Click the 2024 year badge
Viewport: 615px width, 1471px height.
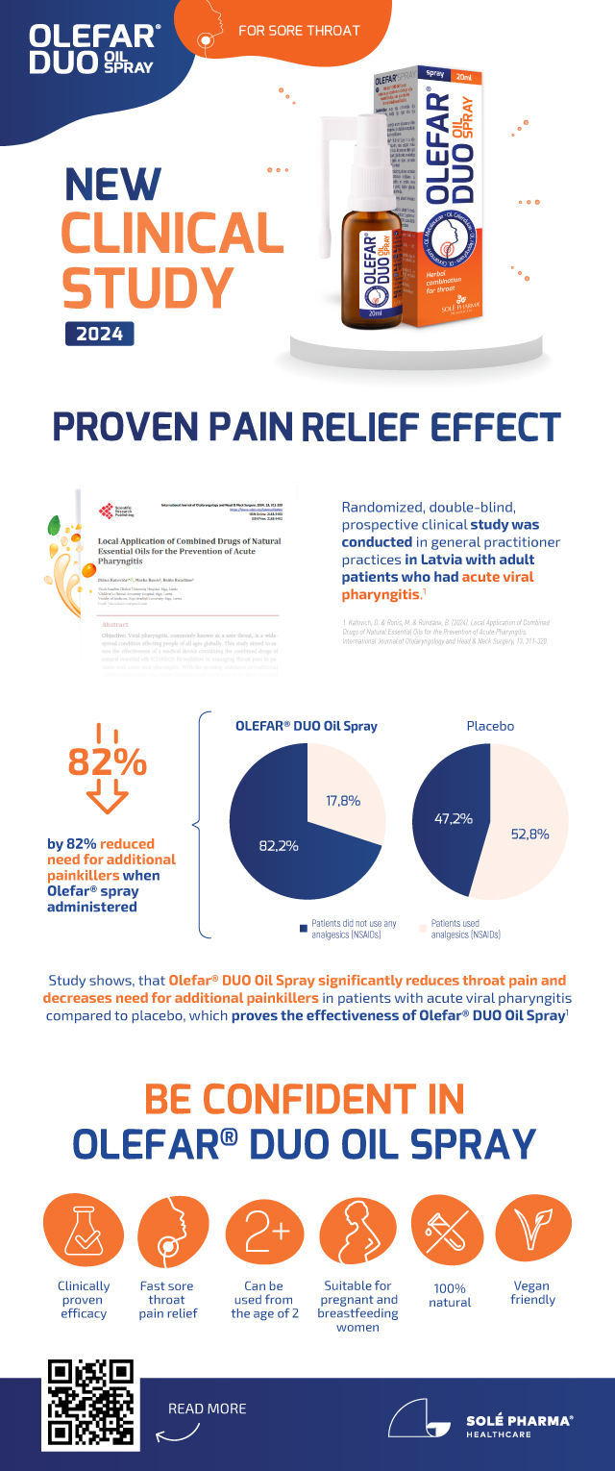point(99,334)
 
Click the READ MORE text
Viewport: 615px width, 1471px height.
point(207,1409)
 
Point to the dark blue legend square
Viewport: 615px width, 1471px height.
point(304,928)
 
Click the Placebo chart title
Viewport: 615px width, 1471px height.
point(491,726)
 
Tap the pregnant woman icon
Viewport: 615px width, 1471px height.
point(357,1234)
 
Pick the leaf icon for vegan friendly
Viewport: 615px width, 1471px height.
point(531,1234)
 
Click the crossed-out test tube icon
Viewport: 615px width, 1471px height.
point(446,1234)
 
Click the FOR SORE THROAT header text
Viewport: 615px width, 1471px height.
point(299,30)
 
